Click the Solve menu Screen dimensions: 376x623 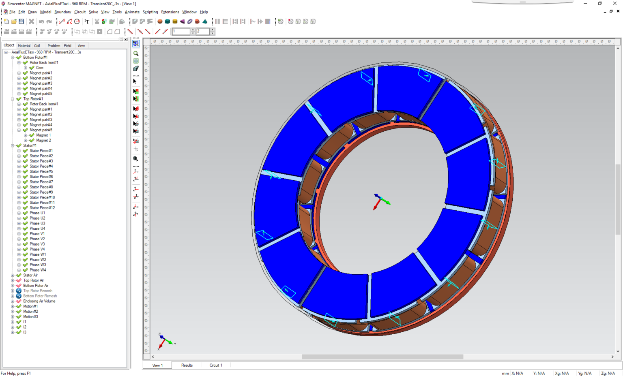[x=93, y=12]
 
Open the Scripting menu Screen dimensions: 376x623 [x=150, y=12]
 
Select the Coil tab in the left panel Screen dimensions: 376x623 [x=37, y=46]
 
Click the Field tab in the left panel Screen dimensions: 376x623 [x=67, y=46]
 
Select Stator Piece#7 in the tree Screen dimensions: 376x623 [x=41, y=182]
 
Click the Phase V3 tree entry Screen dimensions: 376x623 [x=37, y=244]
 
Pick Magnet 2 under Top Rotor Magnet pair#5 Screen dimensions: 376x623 [x=43, y=141]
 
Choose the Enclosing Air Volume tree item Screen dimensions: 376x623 [x=39, y=301]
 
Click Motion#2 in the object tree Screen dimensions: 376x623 [x=30, y=312]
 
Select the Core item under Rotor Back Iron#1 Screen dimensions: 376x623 [x=39, y=68]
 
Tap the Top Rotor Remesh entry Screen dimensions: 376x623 [x=38, y=291]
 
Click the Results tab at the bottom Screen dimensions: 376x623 [x=187, y=365]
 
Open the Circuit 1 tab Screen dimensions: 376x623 [x=215, y=365]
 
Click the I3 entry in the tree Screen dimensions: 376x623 [x=25, y=333]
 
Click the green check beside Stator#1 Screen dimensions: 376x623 [x=19, y=146]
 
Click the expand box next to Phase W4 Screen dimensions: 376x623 [x=19, y=270]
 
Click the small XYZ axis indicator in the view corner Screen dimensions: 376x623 [x=165, y=341]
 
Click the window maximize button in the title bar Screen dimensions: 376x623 [x=600, y=4]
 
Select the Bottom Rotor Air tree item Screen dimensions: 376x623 [x=36, y=286]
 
